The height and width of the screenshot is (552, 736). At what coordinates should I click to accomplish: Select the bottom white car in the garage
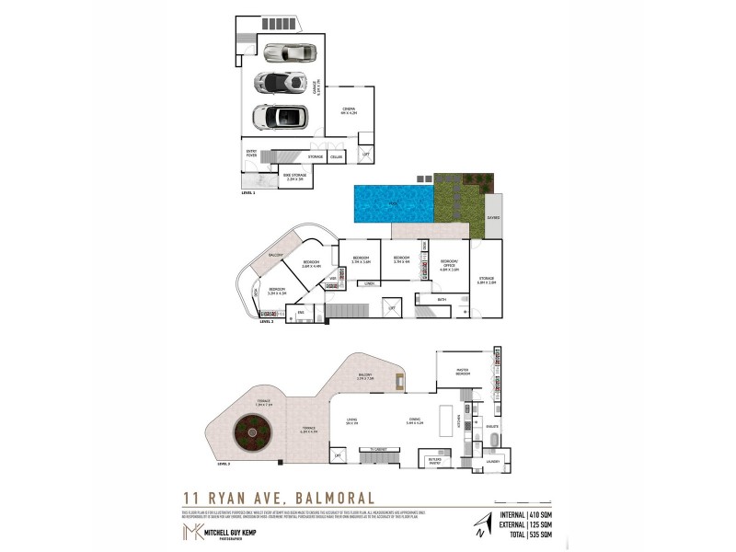[279, 118]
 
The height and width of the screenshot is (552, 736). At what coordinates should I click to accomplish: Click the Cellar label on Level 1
[337, 158]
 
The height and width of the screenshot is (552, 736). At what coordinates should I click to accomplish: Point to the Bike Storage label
[294, 178]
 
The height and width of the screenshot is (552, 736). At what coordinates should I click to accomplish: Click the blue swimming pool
[393, 201]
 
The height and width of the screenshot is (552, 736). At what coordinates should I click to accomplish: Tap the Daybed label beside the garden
[493, 218]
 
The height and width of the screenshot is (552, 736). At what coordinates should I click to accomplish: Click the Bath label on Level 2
[442, 299]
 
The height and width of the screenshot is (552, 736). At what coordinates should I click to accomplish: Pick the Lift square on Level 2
[393, 308]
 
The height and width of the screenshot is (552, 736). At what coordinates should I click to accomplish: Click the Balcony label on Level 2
[273, 255]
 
